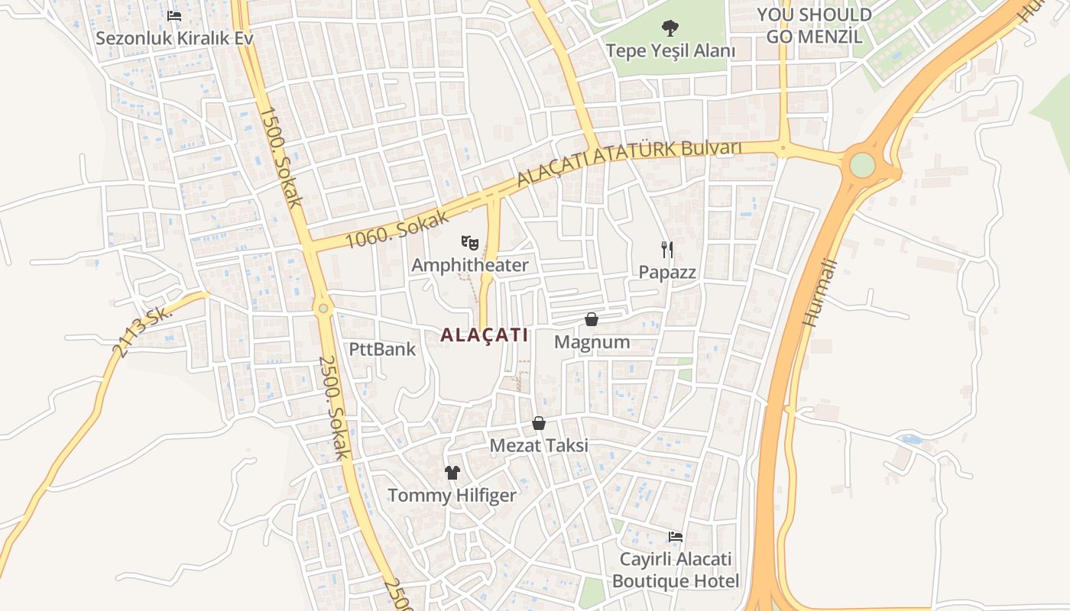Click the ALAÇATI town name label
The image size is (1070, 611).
click(485, 335)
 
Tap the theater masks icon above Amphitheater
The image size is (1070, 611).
click(470, 244)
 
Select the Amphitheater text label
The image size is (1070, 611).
click(470, 265)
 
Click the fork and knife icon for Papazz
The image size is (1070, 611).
click(667, 249)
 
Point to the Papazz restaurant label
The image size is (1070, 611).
click(667, 272)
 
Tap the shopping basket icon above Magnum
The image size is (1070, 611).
click(592, 319)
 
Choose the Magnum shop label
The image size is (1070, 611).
click(592, 342)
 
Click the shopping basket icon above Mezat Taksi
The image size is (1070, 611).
click(539, 423)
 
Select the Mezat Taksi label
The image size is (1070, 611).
click(539, 445)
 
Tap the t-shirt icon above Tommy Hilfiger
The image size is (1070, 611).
click(452, 473)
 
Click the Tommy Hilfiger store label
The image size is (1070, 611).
click(452, 496)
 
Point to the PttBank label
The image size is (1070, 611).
click(382, 350)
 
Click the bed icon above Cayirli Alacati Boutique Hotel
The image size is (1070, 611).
click(676, 537)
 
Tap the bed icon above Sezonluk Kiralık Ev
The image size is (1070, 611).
click(174, 15)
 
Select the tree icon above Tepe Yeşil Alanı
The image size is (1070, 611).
click(670, 28)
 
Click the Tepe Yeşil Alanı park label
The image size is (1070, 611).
click(670, 51)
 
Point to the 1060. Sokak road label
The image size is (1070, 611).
click(397, 228)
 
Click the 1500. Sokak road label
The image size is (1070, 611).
click(281, 157)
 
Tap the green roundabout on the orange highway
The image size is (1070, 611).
click(862, 165)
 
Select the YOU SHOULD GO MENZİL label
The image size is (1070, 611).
click(814, 25)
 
